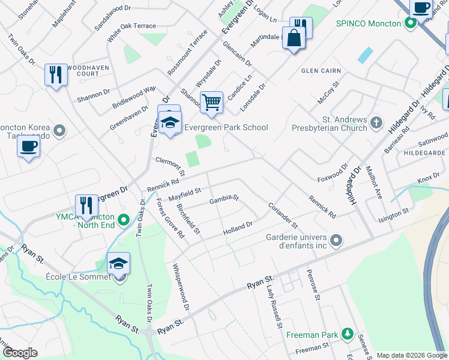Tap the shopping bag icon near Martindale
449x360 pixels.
point(294,39)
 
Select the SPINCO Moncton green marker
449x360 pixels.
point(411,23)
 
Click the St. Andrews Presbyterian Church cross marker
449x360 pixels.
point(376,123)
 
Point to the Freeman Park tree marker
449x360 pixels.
point(346,333)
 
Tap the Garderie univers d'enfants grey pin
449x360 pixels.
point(336,241)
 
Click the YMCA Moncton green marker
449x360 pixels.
point(124,220)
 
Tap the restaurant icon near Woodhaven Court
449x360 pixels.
point(56,74)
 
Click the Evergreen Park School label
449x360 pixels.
point(226,127)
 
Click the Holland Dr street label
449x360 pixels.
point(237,229)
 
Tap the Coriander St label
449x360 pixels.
point(283,214)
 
